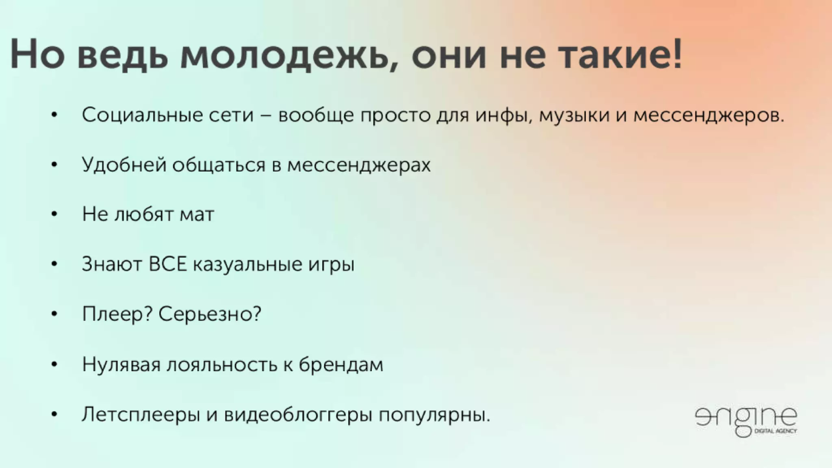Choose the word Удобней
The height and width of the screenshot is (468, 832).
point(124,165)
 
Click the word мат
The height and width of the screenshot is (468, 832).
point(197,214)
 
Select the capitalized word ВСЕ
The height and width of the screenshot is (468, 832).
point(167,264)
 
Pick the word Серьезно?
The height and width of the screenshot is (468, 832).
point(210,314)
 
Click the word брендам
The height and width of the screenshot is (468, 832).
point(341,364)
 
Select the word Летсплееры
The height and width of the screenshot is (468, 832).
point(141,415)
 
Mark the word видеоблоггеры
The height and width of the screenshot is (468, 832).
point(298,415)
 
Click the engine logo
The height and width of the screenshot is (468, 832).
point(746,418)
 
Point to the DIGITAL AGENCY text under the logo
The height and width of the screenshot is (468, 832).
point(775,431)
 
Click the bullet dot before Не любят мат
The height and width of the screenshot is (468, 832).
point(54,214)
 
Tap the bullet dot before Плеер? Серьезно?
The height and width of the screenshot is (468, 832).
point(54,314)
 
